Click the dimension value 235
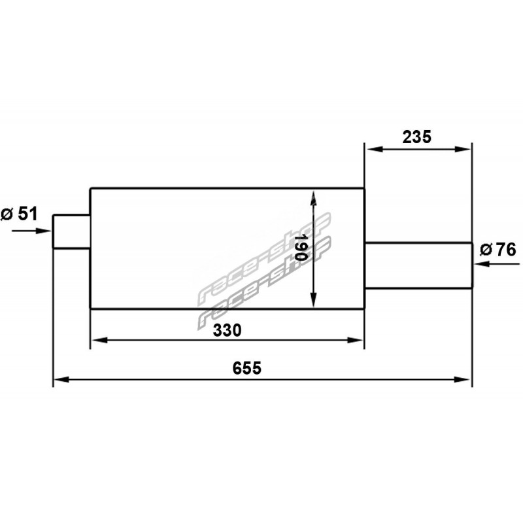tap(416, 137)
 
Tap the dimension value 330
tap(227, 330)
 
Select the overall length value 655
tap(247, 368)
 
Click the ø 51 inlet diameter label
tap(20, 214)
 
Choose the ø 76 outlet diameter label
tap(498, 250)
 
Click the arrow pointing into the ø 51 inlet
tap(31, 231)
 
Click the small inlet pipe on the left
tap(71, 232)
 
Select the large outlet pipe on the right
tap(418, 265)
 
